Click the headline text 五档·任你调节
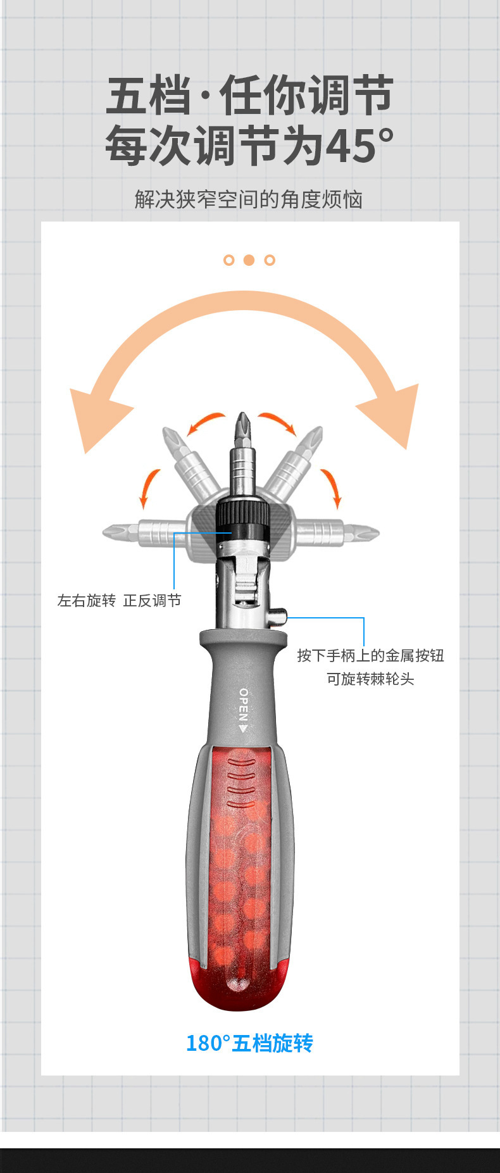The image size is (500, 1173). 249,96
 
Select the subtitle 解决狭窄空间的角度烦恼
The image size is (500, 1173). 249,199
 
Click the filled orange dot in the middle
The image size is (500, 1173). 249,260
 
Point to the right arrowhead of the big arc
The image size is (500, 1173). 396,415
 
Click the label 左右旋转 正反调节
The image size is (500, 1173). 119,600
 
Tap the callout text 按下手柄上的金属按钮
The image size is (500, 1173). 370,655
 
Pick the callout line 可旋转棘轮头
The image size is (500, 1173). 370,679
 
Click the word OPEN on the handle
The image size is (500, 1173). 244,705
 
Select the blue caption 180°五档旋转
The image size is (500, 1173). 249,1043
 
